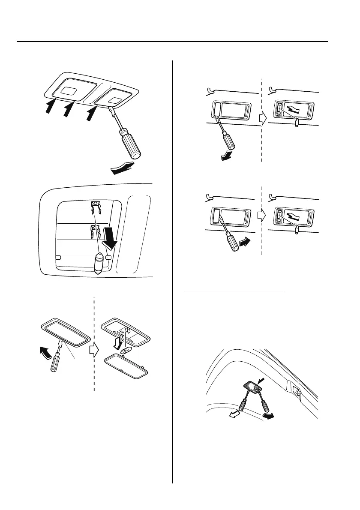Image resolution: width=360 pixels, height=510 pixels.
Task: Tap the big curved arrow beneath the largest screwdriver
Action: (123, 168)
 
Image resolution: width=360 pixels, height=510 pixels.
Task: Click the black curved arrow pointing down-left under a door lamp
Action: (225, 157)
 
